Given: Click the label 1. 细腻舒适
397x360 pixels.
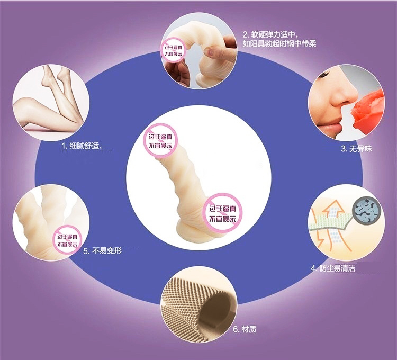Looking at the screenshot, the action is pyautogui.click(x=81, y=145).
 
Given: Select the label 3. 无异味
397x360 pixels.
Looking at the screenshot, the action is pyautogui.click(x=355, y=149).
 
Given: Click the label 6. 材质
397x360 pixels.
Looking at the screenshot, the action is pyautogui.click(x=245, y=329).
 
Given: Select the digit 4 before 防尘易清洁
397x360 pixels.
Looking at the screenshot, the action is pyautogui.click(x=313, y=268).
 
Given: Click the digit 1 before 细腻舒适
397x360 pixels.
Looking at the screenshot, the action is pyautogui.click(x=63, y=145).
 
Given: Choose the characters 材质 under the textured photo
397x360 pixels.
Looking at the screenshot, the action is pyautogui.click(x=249, y=329).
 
